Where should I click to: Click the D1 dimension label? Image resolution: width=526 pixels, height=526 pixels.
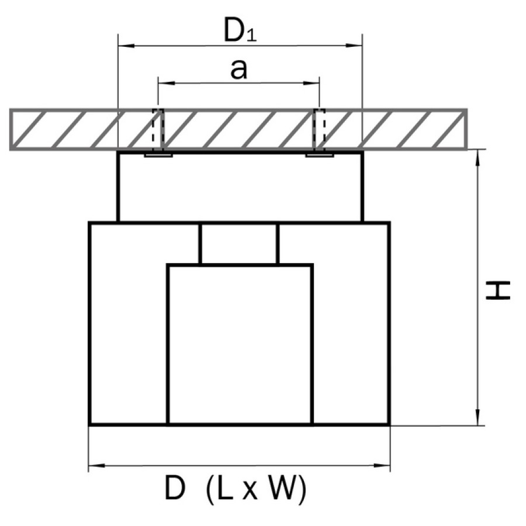coord(240,31)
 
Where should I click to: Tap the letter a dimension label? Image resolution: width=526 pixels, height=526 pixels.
coord(239,70)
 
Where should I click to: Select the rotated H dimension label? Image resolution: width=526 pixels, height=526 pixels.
coord(498,290)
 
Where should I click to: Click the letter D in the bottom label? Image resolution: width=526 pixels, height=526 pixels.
coord(175,489)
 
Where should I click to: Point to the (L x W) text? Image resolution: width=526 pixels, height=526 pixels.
coord(257,489)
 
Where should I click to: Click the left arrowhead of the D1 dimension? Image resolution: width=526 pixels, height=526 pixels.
coord(127,45)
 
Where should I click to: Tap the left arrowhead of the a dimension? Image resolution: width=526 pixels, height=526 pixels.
coord(167,83)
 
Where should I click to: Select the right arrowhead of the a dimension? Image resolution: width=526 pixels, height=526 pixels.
coord(311,83)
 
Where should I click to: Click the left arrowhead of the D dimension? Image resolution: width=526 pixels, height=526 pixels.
coord(97,465)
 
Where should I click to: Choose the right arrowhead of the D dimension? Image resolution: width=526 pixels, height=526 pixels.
coord(382,465)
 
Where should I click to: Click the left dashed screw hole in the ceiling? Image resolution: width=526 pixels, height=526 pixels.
coord(158,130)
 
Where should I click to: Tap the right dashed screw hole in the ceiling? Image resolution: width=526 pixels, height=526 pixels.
coord(319,130)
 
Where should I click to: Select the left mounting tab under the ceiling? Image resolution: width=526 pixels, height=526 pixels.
coord(158,155)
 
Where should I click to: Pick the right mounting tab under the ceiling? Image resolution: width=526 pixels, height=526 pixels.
coord(319,155)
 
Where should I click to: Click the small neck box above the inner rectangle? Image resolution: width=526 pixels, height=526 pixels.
coord(239,244)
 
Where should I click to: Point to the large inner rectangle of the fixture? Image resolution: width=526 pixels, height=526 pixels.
coord(240,345)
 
